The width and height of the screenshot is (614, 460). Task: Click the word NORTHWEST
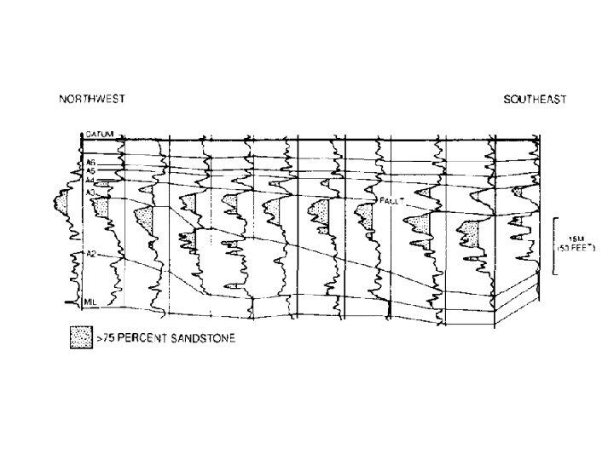coord(91,99)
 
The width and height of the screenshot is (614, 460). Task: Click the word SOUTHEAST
coord(535,100)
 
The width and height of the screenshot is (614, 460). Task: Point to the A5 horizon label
coord(90,170)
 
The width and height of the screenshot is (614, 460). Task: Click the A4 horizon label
coord(90,181)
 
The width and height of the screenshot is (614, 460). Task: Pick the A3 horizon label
coord(90,193)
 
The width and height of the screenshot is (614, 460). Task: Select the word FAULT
coord(391,204)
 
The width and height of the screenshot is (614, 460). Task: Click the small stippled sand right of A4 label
coord(104,183)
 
